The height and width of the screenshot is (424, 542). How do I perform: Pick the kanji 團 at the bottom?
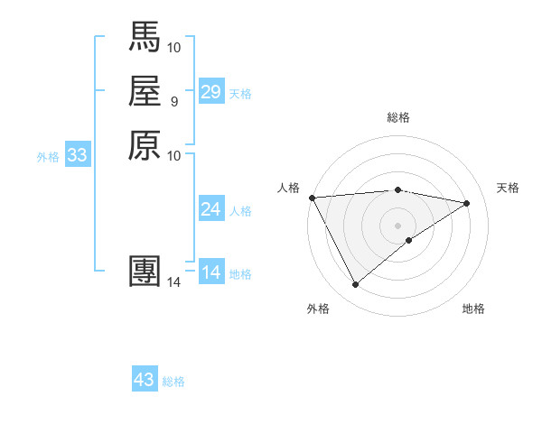coord(145,272)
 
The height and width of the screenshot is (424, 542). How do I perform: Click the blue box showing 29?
coord(211,92)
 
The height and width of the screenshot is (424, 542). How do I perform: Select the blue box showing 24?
coord(211,210)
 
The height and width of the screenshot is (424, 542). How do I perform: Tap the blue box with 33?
coord(78,155)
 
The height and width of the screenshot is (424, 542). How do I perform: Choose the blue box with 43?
coord(145,380)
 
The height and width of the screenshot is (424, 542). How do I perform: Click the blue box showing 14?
coord(211,272)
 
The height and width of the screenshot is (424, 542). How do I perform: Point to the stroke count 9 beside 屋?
coord(173,101)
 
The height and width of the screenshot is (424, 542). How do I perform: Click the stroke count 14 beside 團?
coord(173,282)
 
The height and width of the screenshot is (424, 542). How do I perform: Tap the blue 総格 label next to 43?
coord(173,382)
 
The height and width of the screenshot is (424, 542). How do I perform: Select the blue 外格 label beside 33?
coord(48,157)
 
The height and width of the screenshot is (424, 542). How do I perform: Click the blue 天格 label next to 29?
coord(240,94)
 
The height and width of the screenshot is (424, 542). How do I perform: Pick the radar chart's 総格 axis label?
coord(398,117)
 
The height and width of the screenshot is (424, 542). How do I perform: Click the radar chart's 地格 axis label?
coord(473,309)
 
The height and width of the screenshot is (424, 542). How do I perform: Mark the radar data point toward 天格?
coord(467,203)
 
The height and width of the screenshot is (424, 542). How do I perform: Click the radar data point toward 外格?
coord(355,285)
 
